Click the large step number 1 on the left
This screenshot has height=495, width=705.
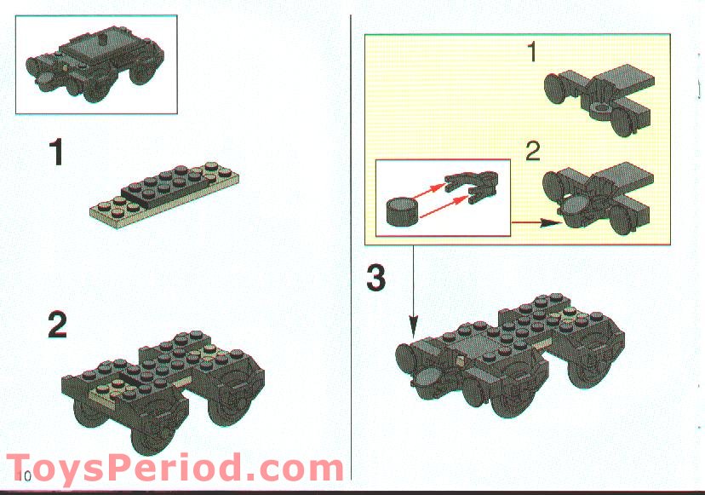(56, 154)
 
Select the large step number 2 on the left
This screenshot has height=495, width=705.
(57, 325)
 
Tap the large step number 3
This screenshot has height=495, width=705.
(376, 279)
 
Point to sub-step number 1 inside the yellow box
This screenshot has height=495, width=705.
(530, 54)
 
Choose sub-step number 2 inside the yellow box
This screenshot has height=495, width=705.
(533, 153)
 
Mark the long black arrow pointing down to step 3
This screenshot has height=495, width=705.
(414, 290)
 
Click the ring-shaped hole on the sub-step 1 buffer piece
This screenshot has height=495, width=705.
(602, 108)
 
